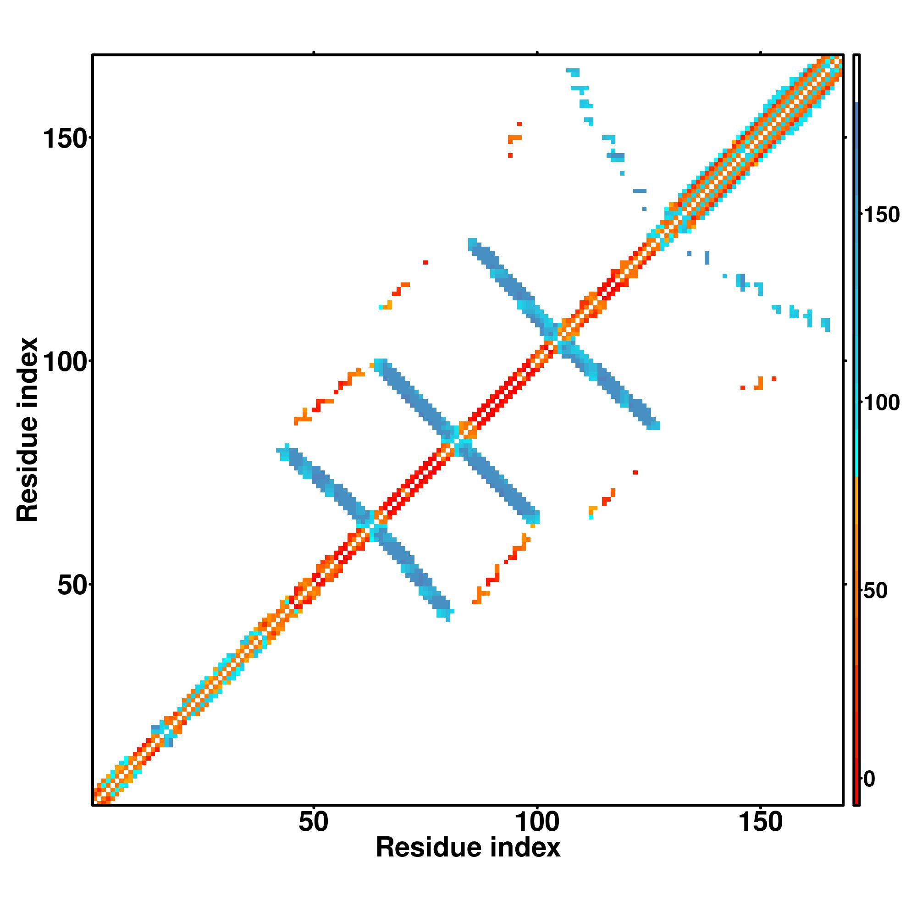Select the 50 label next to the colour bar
[875, 591]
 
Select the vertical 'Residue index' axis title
[28, 430]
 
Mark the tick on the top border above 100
[537, 52]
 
